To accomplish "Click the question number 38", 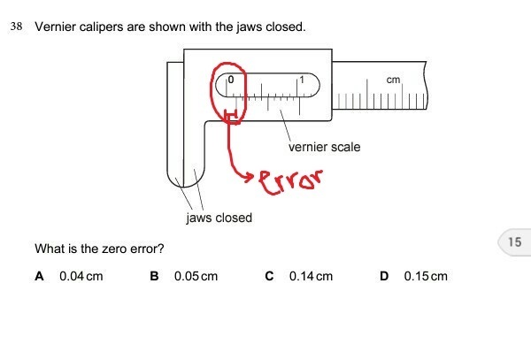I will (x=15, y=27).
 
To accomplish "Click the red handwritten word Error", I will (x=289, y=182).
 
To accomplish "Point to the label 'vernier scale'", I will (x=324, y=147).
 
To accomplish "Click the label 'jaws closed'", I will (x=219, y=218).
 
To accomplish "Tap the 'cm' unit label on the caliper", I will (x=394, y=80).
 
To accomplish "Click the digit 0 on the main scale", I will (x=230, y=80).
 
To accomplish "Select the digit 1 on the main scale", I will (x=303, y=80).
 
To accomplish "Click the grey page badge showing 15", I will (x=514, y=241).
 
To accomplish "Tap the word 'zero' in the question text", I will (x=114, y=250).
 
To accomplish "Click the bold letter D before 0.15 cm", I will (x=384, y=276).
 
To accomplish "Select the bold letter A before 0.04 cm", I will (x=39, y=276).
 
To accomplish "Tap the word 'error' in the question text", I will (x=148, y=250).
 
